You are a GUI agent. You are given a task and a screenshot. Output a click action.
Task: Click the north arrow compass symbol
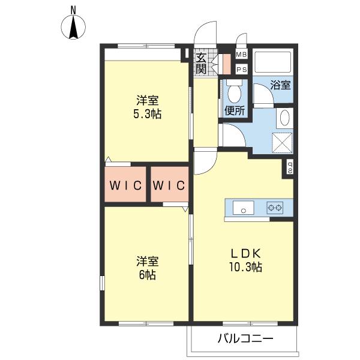73,27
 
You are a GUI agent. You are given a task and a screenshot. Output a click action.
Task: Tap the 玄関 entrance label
202,63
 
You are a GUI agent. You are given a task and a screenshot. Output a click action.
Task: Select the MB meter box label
242,55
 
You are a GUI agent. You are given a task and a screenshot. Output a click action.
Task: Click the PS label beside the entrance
242,70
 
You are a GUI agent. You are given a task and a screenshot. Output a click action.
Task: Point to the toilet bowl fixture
234,91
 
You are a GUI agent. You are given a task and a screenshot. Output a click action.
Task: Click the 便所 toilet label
235,111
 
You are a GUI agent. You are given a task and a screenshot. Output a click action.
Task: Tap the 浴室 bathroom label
280,85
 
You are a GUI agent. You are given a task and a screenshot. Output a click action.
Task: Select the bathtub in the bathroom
273,61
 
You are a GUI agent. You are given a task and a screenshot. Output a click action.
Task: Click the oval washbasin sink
285,118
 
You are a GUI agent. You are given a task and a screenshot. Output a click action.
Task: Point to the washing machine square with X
282,143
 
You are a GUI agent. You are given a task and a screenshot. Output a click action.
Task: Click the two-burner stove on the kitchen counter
275,208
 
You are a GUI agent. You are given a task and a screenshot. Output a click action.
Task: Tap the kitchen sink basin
244,208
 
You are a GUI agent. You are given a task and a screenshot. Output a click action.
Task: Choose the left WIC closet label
125,185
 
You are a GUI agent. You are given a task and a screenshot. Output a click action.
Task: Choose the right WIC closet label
169,185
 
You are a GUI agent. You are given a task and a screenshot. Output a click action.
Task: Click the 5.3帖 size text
148,114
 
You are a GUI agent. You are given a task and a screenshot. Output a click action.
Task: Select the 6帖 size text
148,275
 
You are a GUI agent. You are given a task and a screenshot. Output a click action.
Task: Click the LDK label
245,253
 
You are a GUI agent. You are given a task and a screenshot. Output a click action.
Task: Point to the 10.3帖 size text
245,267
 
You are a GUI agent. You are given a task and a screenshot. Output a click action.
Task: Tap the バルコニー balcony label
245,338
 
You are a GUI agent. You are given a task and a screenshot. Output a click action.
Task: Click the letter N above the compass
73,10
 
